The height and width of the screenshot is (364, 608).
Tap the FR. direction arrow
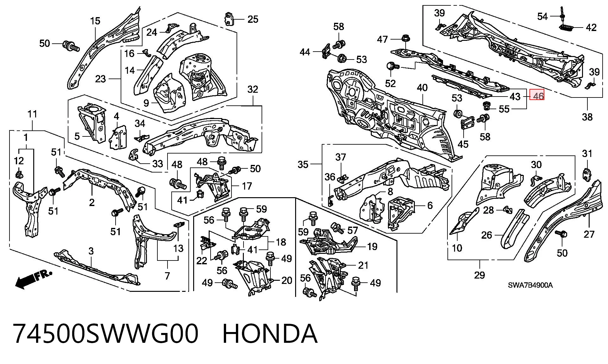(33, 279)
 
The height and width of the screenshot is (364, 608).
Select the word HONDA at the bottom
(270, 334)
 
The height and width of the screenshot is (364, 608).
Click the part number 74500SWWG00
(106, 334)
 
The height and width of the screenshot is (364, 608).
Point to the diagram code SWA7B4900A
(530, 285)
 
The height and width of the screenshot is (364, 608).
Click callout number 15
(95, 21)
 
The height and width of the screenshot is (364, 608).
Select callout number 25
(253, 19)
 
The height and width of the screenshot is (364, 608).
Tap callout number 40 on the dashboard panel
(422, 88)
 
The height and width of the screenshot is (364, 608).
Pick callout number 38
(587, 117)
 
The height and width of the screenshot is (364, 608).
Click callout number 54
(542, 16)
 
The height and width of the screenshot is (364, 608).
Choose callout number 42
(591, 28)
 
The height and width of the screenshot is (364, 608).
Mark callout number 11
(33, 114)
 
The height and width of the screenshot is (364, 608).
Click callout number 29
(479, 275)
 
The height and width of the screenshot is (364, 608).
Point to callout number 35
(303, 164)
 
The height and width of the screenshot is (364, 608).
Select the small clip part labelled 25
(229, 19)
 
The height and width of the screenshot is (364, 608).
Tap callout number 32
(253, 89)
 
